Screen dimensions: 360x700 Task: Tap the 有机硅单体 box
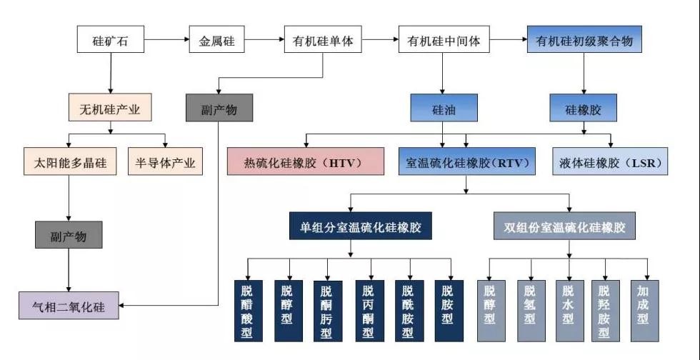324,40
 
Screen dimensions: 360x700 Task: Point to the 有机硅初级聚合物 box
584,40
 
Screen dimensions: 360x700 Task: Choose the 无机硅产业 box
109,109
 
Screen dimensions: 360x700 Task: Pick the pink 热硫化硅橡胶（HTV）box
306,162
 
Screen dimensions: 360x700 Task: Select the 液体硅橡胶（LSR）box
611,162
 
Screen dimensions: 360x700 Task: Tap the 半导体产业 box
165,162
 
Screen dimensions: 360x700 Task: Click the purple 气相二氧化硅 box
69,307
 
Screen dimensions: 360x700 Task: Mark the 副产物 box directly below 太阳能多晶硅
69,235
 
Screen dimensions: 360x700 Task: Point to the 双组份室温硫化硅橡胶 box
569,228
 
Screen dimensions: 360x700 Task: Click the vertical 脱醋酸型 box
247,312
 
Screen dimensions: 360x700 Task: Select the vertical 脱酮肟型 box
326,312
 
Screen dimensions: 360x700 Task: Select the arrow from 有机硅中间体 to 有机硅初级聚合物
509,40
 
